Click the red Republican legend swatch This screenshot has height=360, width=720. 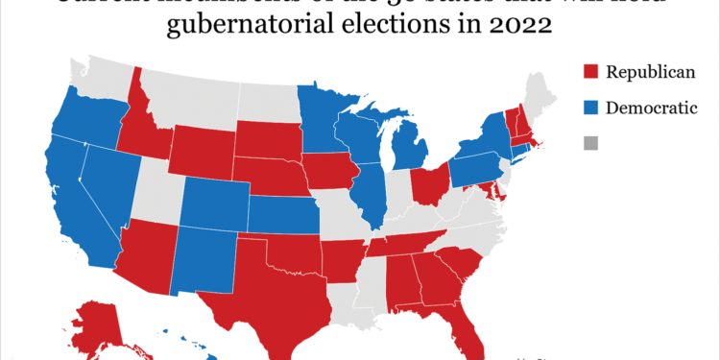590,71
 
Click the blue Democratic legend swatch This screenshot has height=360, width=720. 590,108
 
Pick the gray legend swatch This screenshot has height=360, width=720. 590,144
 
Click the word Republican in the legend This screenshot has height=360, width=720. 649,71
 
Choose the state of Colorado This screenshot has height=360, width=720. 212,204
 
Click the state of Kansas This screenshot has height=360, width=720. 283,213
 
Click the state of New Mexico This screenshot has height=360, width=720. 202,262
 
